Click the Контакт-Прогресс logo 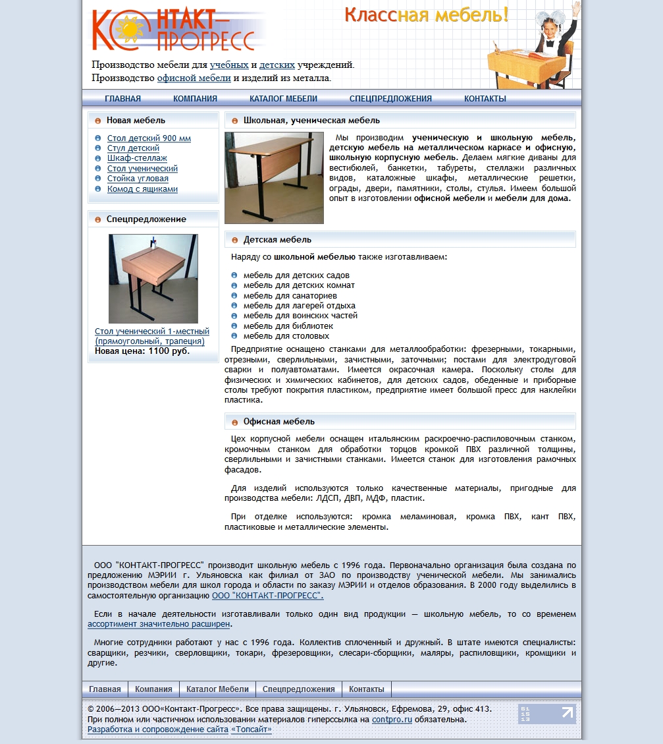(x=174, y=30)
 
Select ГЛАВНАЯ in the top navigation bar (x=122, y=99)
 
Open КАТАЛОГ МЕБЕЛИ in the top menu (x=283, y=99)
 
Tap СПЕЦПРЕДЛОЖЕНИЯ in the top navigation (x=390, y=99)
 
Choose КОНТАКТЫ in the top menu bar (x=485, y=99)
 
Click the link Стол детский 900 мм (x=149, y=138)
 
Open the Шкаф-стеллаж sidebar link (x=137, y=158)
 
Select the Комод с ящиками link (x=142, y=189)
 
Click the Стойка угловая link (x=138, y=179)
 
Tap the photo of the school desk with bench (x=274, y=178)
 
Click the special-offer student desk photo (x=153, y=278)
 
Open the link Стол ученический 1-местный (x=152, y=331)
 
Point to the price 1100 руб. (x=169, y=351)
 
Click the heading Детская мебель (x=277, y=240)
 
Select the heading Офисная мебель (x=278, y=422)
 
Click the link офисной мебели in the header (x=194, y=78)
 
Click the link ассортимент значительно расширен (x=159, y=624)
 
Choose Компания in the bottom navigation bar (x=153, y=689)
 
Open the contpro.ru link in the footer (x=392, y=720)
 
